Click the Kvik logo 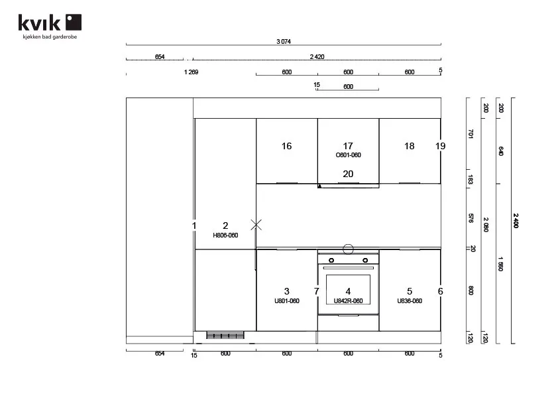click(50, 26)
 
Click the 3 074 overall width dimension click(284, 42)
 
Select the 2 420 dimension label click(317, 56)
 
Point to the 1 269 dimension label click(191, 72)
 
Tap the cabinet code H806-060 click(225, 235)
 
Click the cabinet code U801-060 click(287, 301)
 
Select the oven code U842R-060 click(348, 301)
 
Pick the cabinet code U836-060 click(410, 301)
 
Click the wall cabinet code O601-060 click(349, 155)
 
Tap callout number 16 click(286, 146)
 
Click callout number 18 click(410, 146)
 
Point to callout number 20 click(348, 174)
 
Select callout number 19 click(441, 146)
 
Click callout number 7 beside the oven click(316, 291)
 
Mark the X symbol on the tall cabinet click(256, 225)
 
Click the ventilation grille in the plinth click(225, 335)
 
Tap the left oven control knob click(331, 260)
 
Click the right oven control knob click(365, 260)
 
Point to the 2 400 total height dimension click(516, 221)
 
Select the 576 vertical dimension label click(471, 218)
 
